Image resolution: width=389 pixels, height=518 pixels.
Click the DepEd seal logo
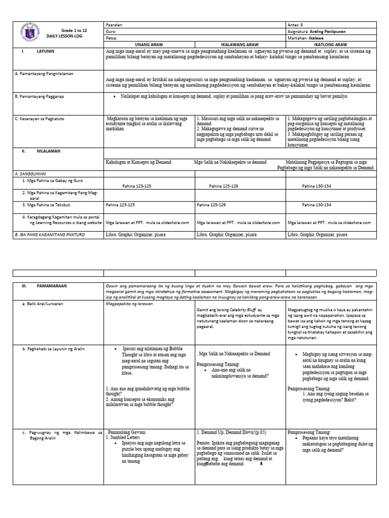click(30, 34)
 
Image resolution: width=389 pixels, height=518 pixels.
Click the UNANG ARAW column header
click(149, 45)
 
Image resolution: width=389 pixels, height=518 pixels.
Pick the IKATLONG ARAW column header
click(331, 45)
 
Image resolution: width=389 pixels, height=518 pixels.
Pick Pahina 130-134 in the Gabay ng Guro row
click(316, 186)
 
